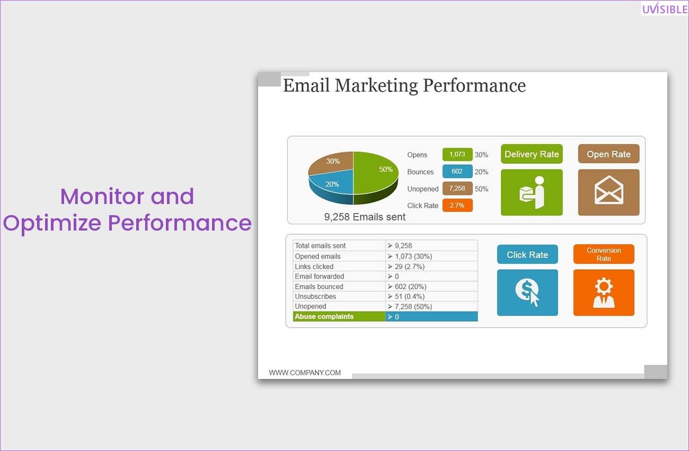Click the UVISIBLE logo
pos(665,8)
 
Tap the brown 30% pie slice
pos(332,162)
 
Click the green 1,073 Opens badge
pos(457,154)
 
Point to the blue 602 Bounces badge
pos(457,171)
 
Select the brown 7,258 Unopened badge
pos(457,188)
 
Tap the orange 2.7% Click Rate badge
pos(457,205)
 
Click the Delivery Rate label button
pos(532,154)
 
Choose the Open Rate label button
pos(608,154)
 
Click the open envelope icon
pos(609,190)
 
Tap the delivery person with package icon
pos(532,192)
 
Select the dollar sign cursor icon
pos(527,292)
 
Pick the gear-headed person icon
pos(604,293)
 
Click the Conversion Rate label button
pos(604,254)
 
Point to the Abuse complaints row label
pos(324,316)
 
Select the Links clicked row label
pos(314,267)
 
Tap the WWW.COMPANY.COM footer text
pos(305,373)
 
